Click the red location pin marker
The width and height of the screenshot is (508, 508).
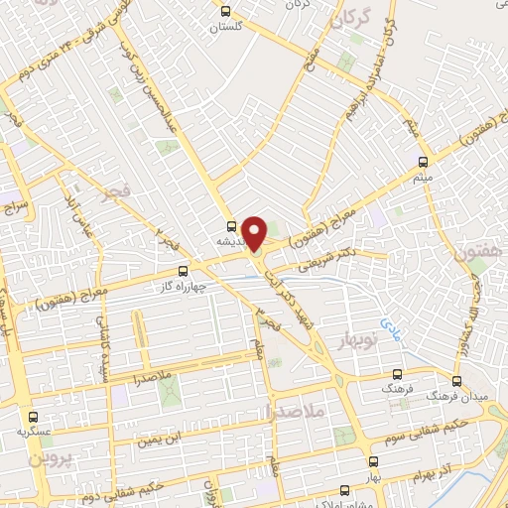[x=255, y=232]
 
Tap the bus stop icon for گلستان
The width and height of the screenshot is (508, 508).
[x=226, y=12]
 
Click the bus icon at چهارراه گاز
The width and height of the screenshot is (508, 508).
[x=183, y=270]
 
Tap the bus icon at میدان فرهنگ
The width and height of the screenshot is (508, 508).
[x=457, y=380]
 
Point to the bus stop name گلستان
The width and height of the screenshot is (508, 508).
[x=226, y=30]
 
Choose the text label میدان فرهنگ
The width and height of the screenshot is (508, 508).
[x=441, y=395]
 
